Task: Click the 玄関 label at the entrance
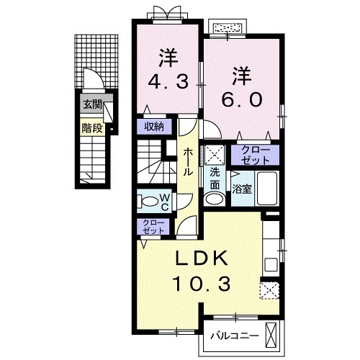pos(91,104)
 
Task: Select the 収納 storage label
pos(153,127)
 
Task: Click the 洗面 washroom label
pos(215,179)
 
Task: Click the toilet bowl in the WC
pos(148,200)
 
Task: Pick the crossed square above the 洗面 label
pos(215,155)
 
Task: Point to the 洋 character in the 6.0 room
pos(242,74)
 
